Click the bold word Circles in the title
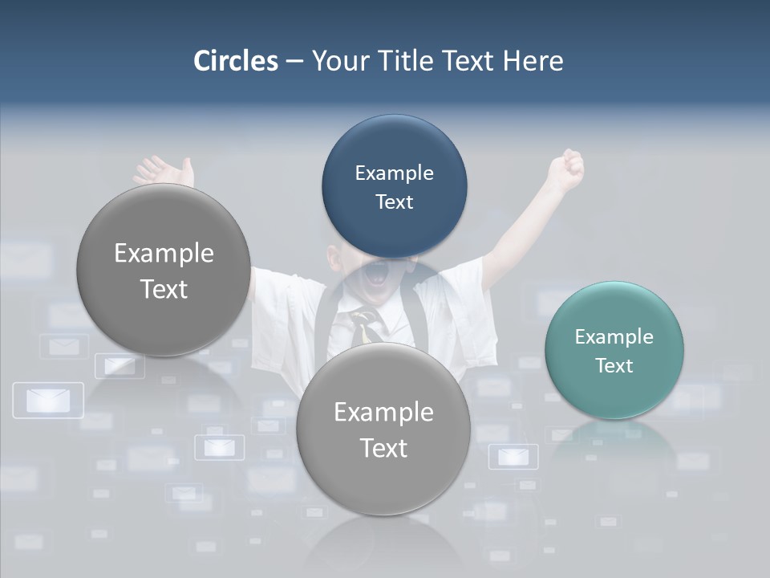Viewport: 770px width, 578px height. pos(235,61)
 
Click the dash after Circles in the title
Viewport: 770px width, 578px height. pos(294,62)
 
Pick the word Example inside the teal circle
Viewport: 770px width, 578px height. pos(614,337)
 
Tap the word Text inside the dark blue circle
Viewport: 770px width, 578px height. pos(394,202)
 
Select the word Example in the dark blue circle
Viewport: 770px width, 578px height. pos(394,173)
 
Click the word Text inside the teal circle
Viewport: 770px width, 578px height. pos(614,366)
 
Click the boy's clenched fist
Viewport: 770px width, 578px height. pos(567,169)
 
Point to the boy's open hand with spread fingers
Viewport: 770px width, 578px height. pos(164,171)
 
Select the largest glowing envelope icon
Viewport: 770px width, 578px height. pos(48,400)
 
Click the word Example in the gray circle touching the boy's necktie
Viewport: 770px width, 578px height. pos(383,413)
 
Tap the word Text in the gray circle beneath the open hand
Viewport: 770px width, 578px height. pos(164,290)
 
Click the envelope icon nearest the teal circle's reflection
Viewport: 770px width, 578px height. pos(513,457)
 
